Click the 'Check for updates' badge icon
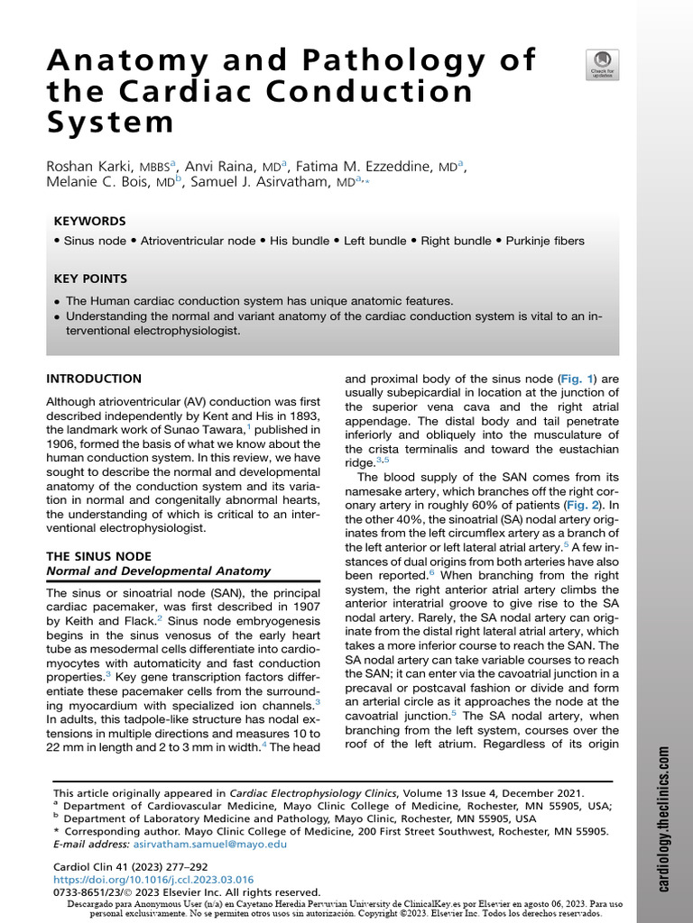click(602, 63)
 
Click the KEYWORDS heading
click(89, 221)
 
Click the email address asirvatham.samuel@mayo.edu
click(209, 844)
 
